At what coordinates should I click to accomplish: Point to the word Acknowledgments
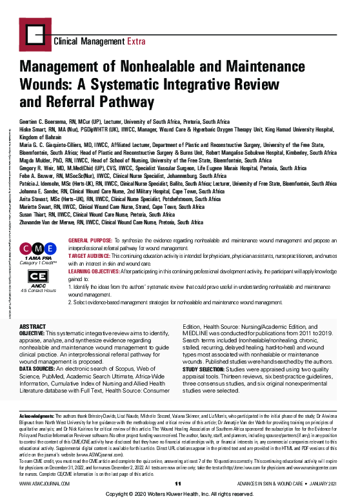36,417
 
